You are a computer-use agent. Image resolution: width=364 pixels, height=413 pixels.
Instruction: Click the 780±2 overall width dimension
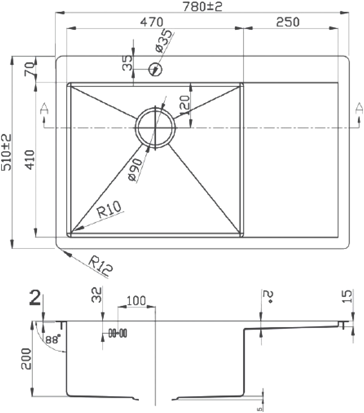202,6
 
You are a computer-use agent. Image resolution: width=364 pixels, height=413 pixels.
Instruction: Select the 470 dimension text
151,22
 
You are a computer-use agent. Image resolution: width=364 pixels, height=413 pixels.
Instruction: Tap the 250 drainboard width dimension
288,22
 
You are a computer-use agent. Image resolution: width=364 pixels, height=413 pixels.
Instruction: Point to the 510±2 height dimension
6,152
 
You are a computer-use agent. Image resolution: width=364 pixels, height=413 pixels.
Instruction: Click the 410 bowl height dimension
30,160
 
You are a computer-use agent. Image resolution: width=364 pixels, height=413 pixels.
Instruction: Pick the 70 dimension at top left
29,69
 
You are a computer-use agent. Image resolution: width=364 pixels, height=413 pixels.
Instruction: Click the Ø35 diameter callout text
164,41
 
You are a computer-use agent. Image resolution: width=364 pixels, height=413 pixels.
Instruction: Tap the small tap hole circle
155,69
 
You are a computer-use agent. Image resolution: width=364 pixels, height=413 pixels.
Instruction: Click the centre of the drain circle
155,128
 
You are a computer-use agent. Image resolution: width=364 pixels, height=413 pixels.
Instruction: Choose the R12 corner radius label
100,266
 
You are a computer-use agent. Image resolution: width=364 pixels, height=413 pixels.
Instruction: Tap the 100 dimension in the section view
136,300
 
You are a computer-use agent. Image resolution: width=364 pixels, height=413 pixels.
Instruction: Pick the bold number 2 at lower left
35,297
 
